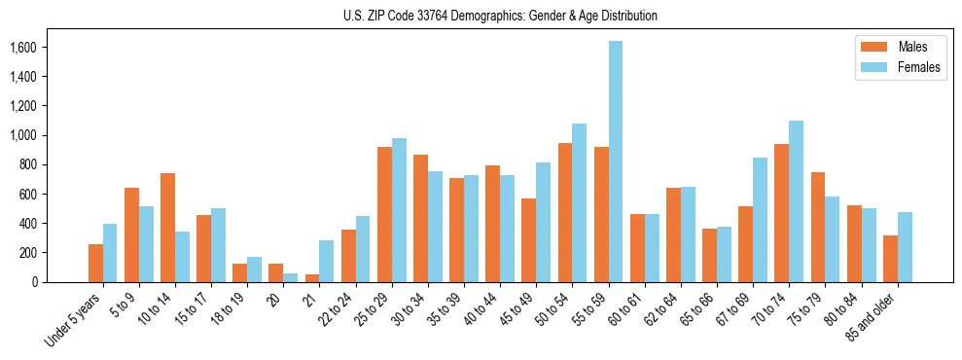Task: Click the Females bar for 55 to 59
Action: click(x=616, y=162)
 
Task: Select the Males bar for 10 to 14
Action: click(x=167, y=228)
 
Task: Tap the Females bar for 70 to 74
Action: click(x=797, y=201)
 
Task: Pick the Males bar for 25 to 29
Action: click(x=384, y=214)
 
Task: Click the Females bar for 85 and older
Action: click(x=905, y=247)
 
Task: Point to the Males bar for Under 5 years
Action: click(x=95, y=263)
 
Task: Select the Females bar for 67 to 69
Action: click(x=761, y=220)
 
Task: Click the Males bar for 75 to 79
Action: click(x=818, y=227)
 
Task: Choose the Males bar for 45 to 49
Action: click(x=529, y=240)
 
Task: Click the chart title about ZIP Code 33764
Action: click(x=500, y=16)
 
